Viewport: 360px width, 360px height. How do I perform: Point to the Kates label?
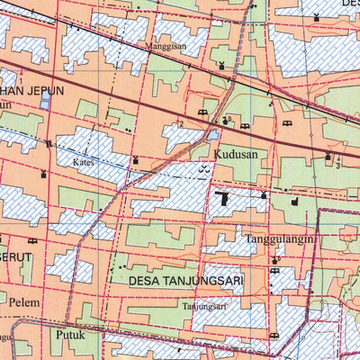pyautogui.click(x=84, y=163)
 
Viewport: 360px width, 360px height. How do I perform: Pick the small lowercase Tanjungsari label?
pyautogui.click(x=206, y=305)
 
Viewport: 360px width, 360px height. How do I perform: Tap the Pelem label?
pyautogui.click(x=24, y=302)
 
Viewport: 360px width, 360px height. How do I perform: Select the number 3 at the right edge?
pyautogui.click(x=337, y=165)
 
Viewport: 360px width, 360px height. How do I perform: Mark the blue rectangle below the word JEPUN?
pyautogui.click(x=44, y=103)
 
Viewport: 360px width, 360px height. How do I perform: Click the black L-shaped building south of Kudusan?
pyautogui.click(x=220, y=201)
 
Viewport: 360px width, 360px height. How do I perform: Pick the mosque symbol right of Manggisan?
pyautogui.click(x=221, y=64)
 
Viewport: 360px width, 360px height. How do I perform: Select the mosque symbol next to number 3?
pyautogui.click(x=328, y=157)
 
